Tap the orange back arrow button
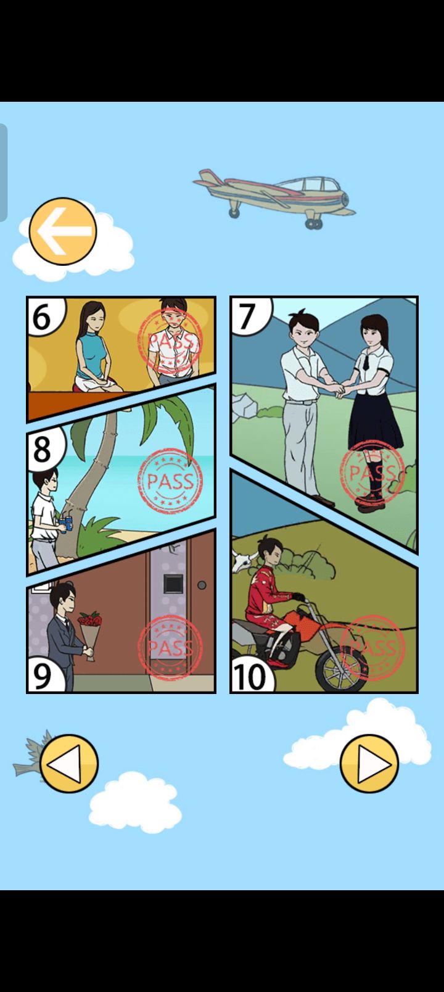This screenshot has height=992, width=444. click(x=63, y=231)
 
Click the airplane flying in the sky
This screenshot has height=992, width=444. click(x=274, y=196)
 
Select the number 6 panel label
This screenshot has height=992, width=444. click(x=42, y=317)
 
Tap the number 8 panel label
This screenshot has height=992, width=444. click(x=42, y=450)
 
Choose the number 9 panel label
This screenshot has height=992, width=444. click(x=42, y=676)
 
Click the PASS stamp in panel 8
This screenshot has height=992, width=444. click(x=170, y=481)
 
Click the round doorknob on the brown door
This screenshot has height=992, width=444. click(x=202, y=585)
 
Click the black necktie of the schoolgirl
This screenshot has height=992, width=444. click(x=366, y=362)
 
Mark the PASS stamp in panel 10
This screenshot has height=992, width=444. click(x=372, y=647)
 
